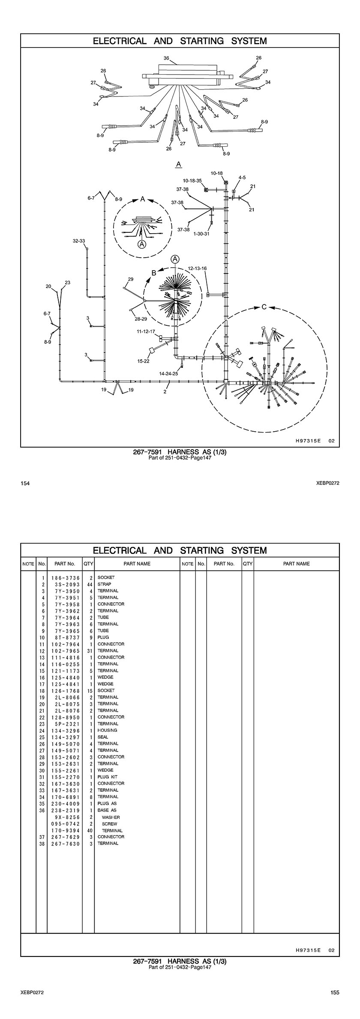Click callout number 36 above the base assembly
(x=166, y=58)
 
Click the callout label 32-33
(x=79, y=241)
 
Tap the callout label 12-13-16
(x=197, y=268)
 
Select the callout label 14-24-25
(x=168, y=374)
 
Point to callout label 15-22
(x=144, y=361)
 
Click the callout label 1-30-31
(x=201, y=234)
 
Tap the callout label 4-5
(x=242, y=177)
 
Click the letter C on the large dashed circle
(x=264, y=307)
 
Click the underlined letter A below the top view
(x=179, y=164)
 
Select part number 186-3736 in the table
(x=65, y=577)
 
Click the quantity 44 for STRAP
(x=90, y=584)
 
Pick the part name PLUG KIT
(x=108, y=777)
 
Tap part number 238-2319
(x=65, y=810)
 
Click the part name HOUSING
(x=107, y=730)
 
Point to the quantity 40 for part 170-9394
(x=90, y=830)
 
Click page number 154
(x=25, y=483)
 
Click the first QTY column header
(x=88, y=564)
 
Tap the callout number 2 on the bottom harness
(x=165, y=391)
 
